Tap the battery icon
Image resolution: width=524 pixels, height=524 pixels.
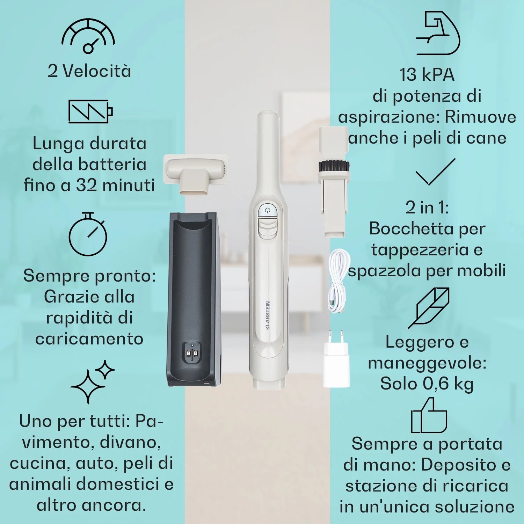pos(90,111)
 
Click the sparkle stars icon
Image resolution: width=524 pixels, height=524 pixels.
pos(93,382)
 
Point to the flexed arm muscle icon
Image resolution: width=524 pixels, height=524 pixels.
pos(438,33)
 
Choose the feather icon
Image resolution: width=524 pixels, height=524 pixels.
pos(429,308)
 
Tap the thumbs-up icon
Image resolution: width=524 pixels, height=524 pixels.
pos(429,415)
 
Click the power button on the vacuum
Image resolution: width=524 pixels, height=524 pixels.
pos(268,211)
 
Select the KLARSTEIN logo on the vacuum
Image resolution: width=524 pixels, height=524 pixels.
pos(268,315)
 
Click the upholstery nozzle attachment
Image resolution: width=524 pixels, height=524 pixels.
pos(196,175)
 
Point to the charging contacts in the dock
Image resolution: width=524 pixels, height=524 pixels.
pos(192,355)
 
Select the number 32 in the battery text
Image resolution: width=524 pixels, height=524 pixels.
pos(87,185)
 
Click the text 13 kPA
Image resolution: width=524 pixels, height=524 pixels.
pos(427,74)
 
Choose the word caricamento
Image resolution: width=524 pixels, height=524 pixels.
pos(89,339)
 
